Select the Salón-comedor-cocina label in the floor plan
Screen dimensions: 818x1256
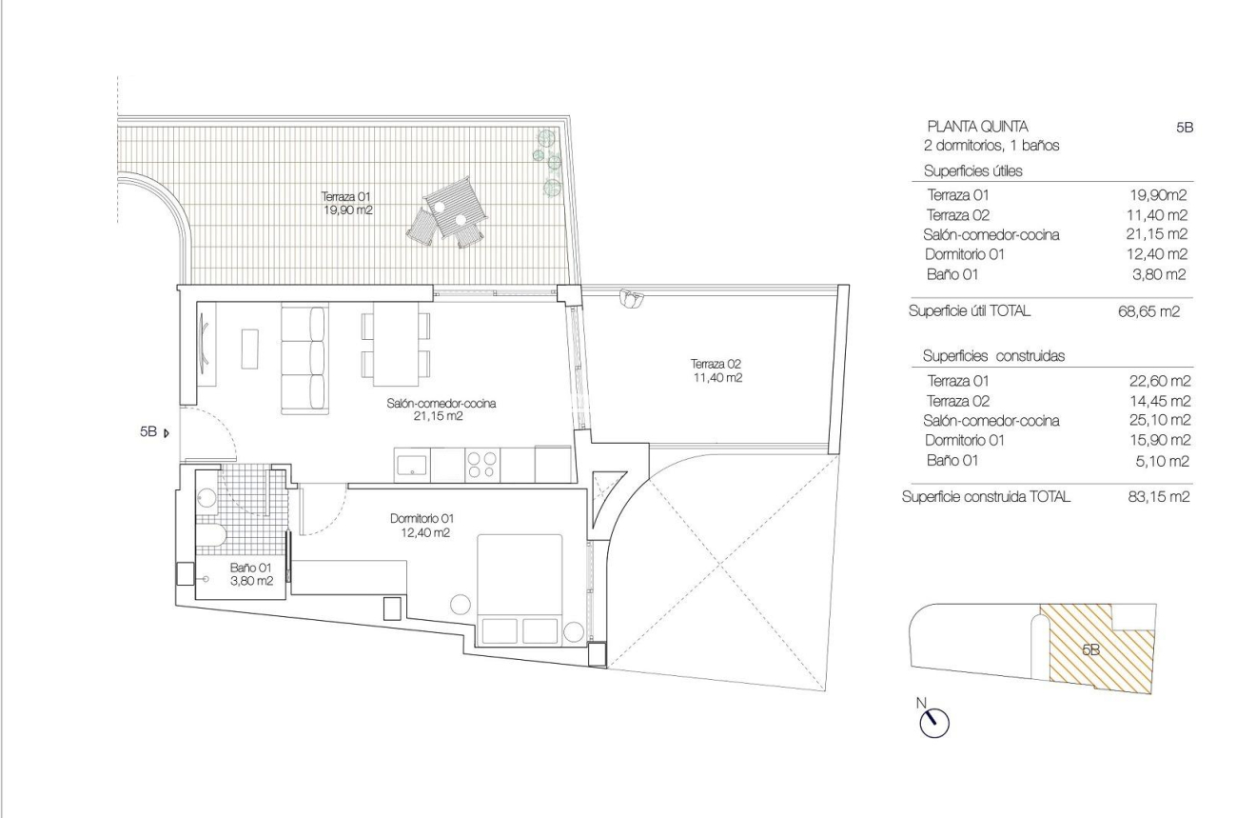click(x=442, y=409)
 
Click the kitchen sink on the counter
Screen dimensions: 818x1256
click(x=412, y=465)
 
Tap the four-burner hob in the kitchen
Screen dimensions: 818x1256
click(x=480, y=465)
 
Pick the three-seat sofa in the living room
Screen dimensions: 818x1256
click(x=304, y=359)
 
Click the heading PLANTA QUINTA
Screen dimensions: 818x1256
click(x=976, y=127)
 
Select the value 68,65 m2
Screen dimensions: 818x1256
click(x=1148, y=311)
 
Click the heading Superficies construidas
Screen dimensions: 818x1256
click(x=992, y=355)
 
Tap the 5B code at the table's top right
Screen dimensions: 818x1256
click(x=1185, y=127)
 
